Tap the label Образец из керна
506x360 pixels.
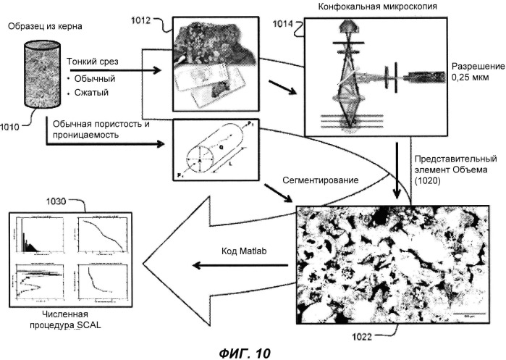(43, 27)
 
